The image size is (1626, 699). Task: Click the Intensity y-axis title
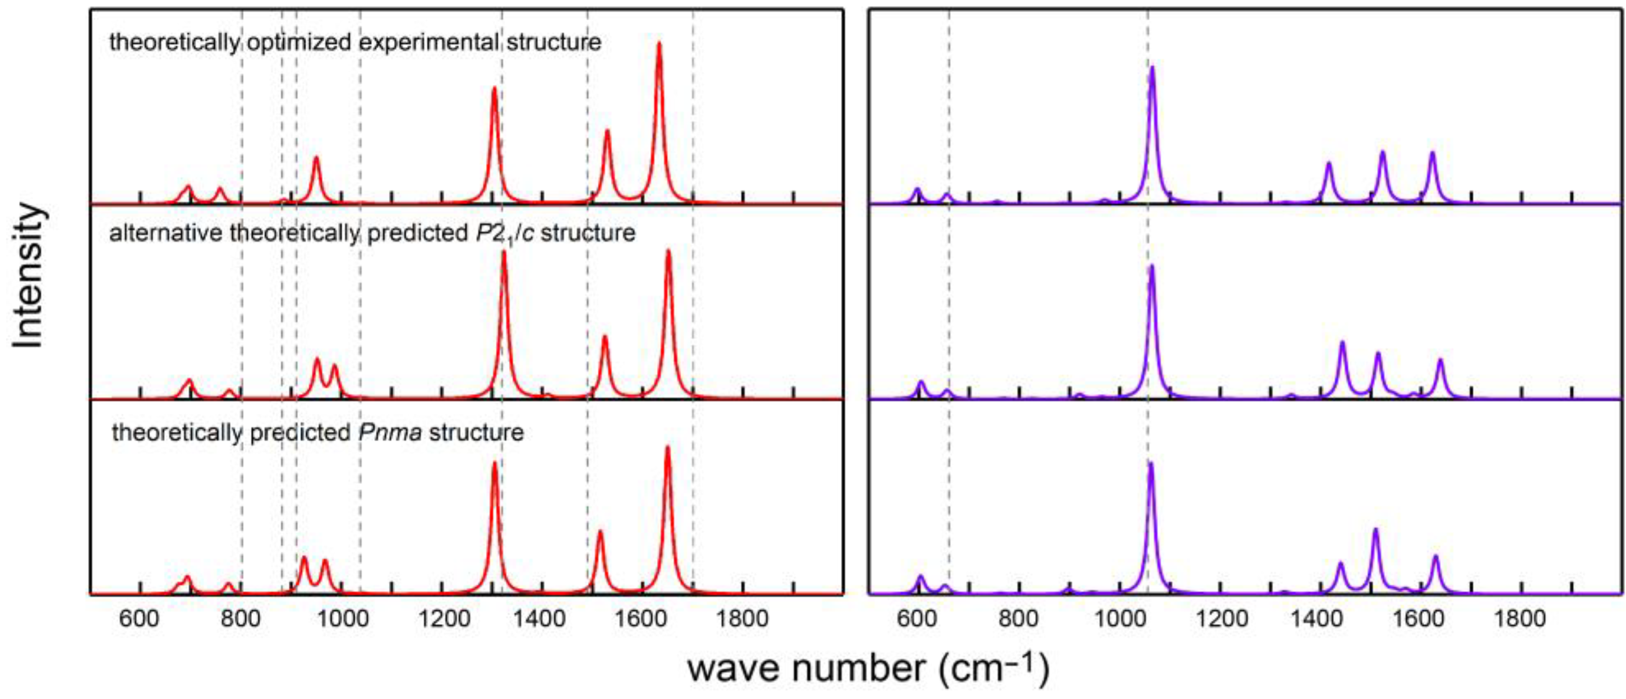28,276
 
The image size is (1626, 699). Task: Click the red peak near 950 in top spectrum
316,159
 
